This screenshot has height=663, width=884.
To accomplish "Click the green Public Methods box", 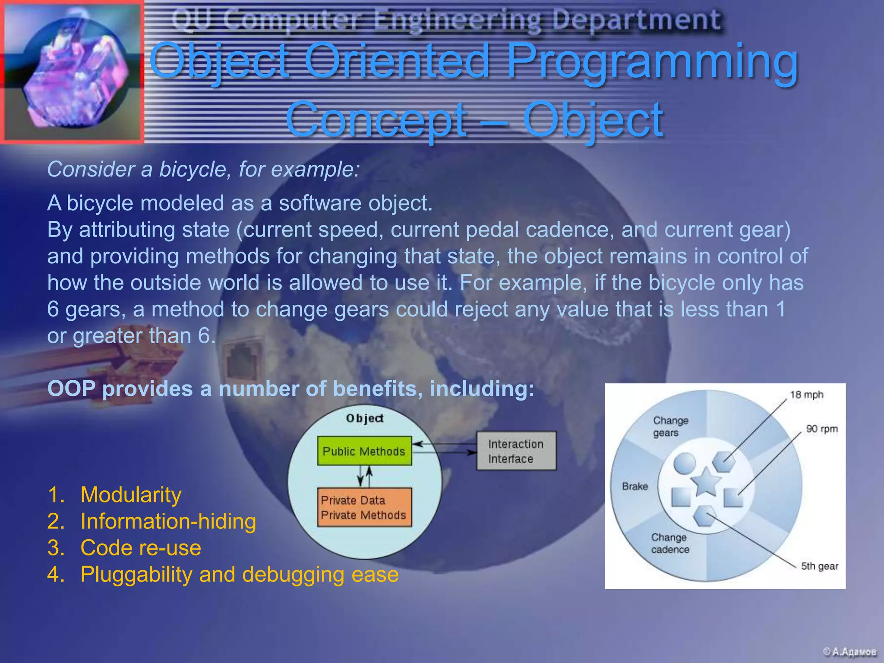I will (x=364, y=451).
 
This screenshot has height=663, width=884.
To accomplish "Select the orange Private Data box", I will (x=364, y=507).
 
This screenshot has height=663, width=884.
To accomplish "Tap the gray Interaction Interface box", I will (x=516, y=451).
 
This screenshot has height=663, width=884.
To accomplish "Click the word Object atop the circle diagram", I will (x=365, y=418).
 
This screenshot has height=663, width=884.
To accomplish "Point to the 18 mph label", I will (x=806, y=395).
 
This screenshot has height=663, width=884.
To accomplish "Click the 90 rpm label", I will (x=821, y=429).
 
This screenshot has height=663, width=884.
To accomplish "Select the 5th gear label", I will (x=819, y=566).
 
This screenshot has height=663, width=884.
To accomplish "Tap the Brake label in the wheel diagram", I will (x=635, y=486).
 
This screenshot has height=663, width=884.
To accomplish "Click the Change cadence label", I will (x=670, y=543).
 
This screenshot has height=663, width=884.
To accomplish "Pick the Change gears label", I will (x=670, y=426).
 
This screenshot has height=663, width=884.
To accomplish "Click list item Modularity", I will (x=131, y=495).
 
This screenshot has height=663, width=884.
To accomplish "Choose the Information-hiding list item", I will (x=168, y=521).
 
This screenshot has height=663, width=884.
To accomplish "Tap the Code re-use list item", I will (x=141, y=548).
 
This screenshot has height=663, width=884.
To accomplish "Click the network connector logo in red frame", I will (x=72, y=71).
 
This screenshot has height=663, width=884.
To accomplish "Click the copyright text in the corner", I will (x=849, y=651).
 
